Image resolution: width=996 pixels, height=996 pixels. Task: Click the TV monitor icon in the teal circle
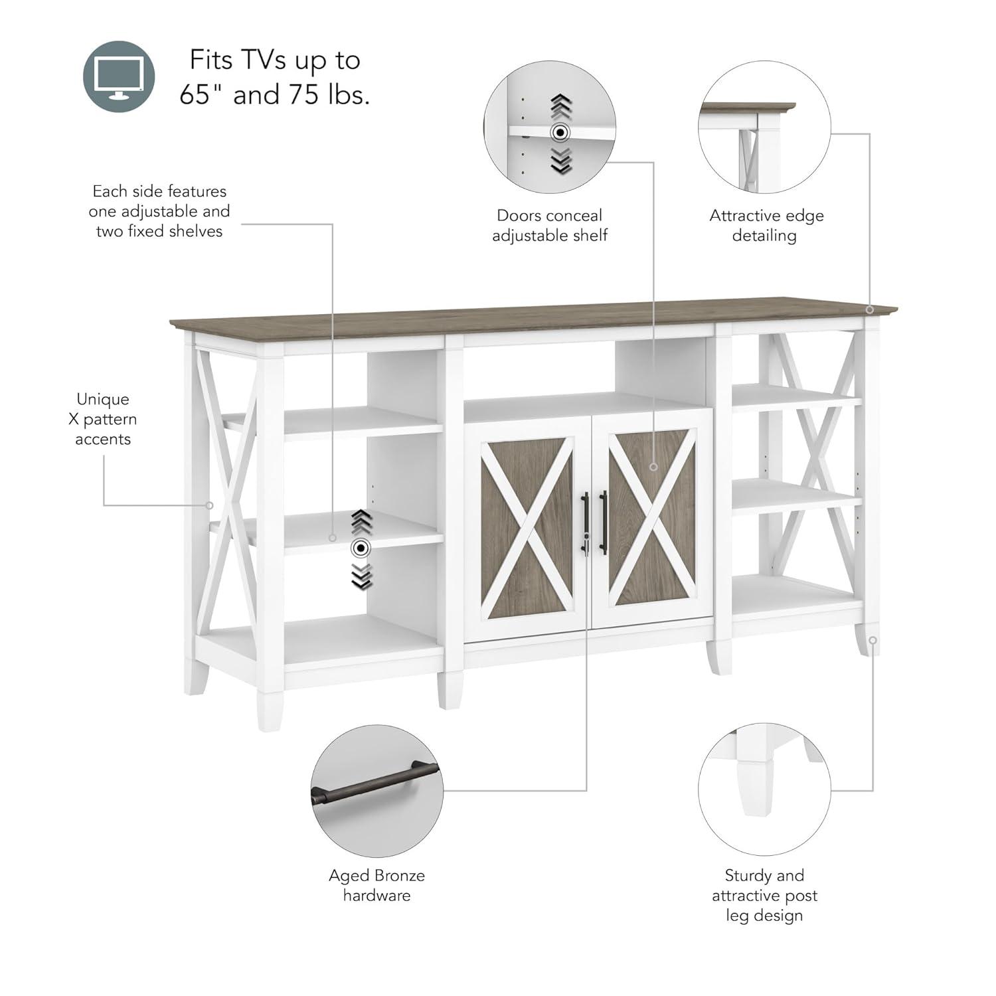coord(119,76)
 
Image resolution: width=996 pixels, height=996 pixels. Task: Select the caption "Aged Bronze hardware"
coord(376,885)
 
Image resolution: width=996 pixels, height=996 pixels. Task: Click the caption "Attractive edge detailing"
coord(766,225)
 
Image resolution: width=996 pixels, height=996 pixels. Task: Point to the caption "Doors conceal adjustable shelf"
coord(549,225)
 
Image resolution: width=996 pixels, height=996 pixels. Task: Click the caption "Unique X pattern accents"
coord(103,419)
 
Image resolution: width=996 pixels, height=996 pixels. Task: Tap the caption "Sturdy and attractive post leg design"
coord(764,895)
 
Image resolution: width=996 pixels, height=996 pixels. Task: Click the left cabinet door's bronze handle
coord(585,523)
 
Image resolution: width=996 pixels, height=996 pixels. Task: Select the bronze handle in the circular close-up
coord(375,783)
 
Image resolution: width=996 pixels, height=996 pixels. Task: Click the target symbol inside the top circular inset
coord(561,133)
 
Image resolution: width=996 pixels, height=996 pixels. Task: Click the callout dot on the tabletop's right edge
coord(870,309)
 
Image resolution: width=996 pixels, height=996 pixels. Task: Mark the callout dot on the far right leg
coord(873,640)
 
